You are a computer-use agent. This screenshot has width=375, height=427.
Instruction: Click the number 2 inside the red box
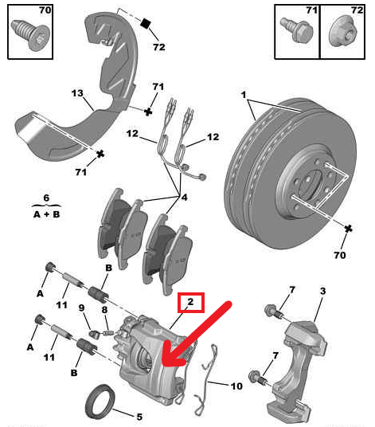(190, 302)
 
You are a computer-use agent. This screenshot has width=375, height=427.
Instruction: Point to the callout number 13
(77, 93)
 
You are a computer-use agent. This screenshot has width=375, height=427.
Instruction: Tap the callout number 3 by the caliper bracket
(322, 294)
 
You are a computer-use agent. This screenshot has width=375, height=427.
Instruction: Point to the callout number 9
(82, 308)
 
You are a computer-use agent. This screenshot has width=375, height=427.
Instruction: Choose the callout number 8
(104, 308)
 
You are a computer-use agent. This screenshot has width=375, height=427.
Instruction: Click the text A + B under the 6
(46, 214)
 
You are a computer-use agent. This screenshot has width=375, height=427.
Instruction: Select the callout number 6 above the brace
(46, 198)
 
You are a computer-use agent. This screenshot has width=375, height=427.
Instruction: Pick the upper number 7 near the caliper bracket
(291, 289)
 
